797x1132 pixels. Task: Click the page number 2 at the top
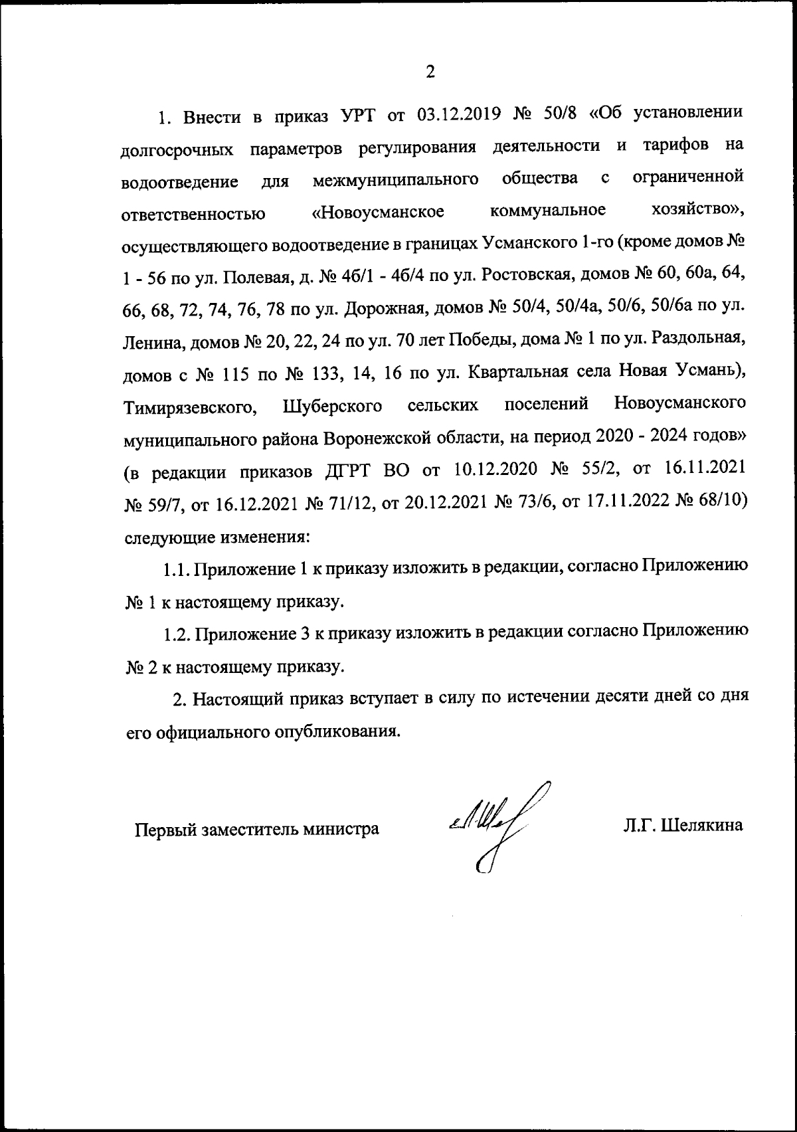pos(430,72)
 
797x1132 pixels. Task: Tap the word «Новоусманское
pos(378,213)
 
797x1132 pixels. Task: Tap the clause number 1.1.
pos(178,569)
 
